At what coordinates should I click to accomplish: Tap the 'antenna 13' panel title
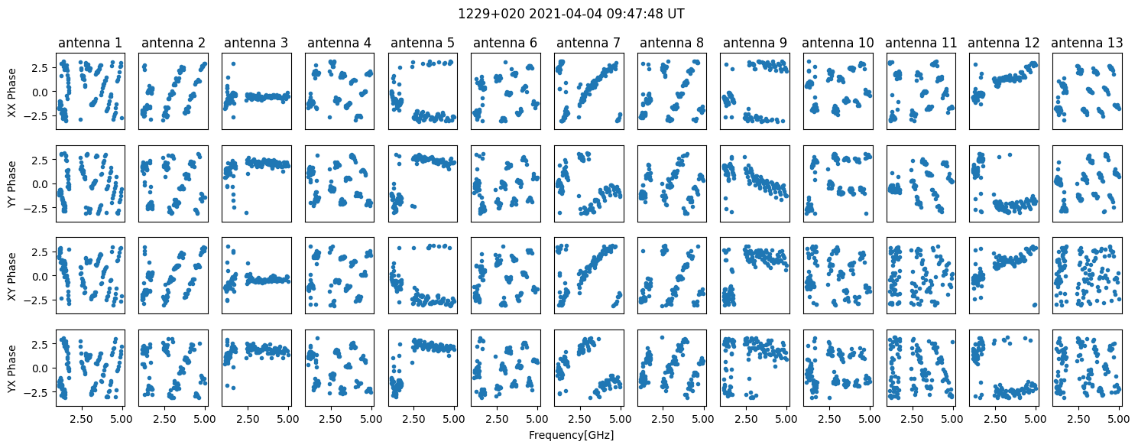[1087, 43]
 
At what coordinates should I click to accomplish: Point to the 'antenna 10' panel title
[838, 43]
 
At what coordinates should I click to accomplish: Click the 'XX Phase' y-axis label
[11, 92]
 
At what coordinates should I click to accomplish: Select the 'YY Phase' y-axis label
[11, 183]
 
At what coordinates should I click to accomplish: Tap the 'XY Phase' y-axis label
[11, 276]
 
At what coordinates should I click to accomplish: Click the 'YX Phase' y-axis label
[11, 368]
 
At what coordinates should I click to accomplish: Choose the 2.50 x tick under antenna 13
[1078, 419]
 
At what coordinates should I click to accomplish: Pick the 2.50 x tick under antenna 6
[496, 419]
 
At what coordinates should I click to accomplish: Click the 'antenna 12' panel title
[1003, 43]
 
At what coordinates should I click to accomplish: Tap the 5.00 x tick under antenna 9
[786, 419]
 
